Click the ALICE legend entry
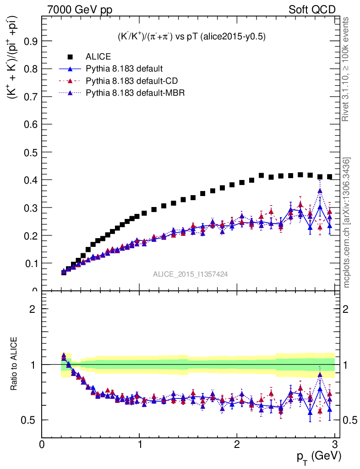coord(98,57)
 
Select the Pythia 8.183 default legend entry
coord(124,69)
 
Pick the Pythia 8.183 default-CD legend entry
coord(131,81)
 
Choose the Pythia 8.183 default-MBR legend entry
coord(134,93)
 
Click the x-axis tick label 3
coord(335,444)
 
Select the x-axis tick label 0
coord(42,444)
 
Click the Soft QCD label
coord(312,10)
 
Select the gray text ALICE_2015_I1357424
coord(191,274)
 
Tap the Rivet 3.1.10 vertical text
coord(347,69)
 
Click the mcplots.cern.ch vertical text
coord(347,223)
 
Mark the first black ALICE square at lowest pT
coord(64,272)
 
